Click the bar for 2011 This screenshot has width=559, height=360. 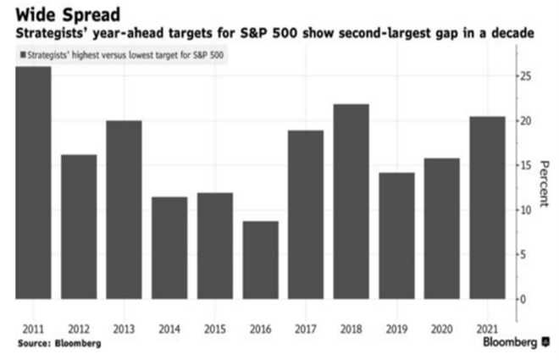(x=33, y=182)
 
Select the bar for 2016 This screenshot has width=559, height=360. (x=261, y=260)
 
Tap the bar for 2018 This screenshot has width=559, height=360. (x=351, y=202)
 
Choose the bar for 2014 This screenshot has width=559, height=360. (x=169, y=248)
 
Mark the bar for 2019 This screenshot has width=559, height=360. (x=397, y=235)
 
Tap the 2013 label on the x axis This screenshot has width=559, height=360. (x=124, y=328)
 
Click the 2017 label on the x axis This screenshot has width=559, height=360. (x=306, y=328)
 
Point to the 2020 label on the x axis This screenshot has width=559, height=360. (x=443, y=328)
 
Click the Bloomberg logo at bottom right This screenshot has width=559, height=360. (x=513, y=343)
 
